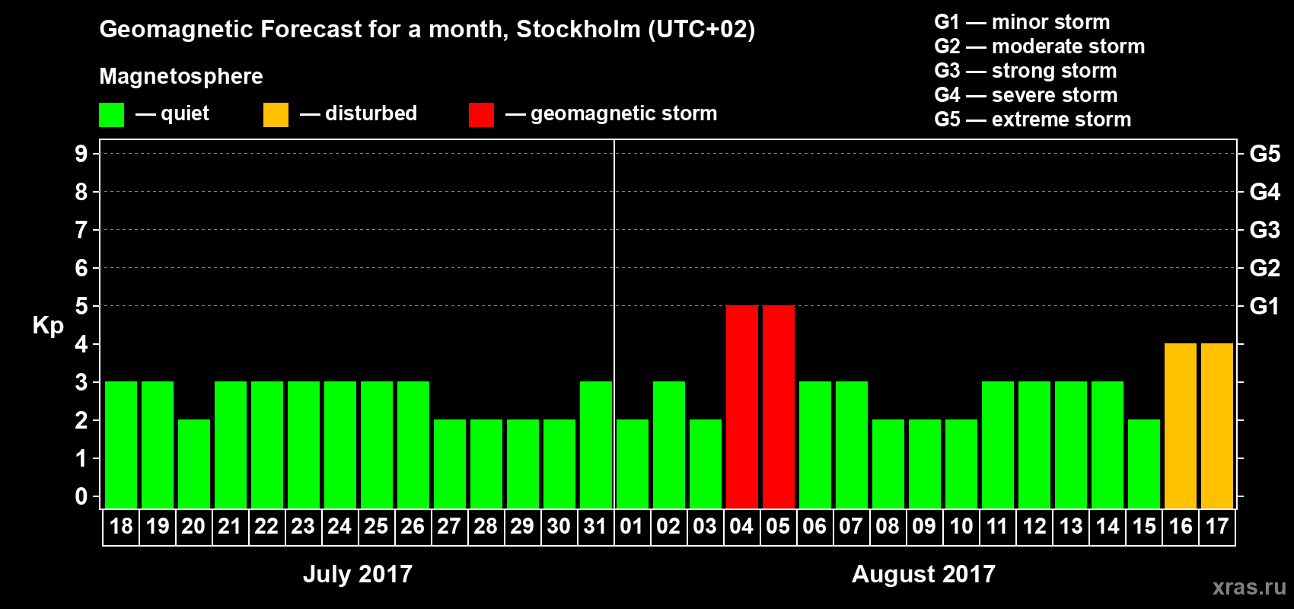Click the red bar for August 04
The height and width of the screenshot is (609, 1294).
click(x=742, y=407)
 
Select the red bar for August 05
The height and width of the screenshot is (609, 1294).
click(x=779, y=407)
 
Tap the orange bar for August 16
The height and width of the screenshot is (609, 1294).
click(x=1181, y=426)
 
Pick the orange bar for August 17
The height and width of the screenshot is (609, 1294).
click(x=1217, y=426)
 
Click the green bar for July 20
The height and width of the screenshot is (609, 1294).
click(x=194, y=464)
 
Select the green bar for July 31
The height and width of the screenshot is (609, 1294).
click(x=596, y=445)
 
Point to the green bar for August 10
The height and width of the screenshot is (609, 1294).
click(x=961, y=464)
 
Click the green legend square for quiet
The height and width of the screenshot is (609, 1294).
click(x=111, y=115)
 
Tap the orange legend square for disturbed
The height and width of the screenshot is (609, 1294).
click(x=276, y=115)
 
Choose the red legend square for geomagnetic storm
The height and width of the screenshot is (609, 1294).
click(x=481, y=115)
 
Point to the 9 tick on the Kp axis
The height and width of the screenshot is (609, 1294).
click(x=81, y=154)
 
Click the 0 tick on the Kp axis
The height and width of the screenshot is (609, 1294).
click(x=81, y=496)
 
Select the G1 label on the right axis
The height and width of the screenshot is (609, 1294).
click(x=1264, y=306)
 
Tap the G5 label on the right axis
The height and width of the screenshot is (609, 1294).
click(x=1264, y=154)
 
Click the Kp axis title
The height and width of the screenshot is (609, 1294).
click(x=48, y=325)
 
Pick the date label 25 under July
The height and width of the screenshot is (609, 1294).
click(x=376, y=526)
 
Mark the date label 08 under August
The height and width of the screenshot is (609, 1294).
click(x=888, y=526)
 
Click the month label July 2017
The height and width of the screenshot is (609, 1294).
click(x=358, y=573)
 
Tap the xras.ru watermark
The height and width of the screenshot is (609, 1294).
click(x=1249, y=586)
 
